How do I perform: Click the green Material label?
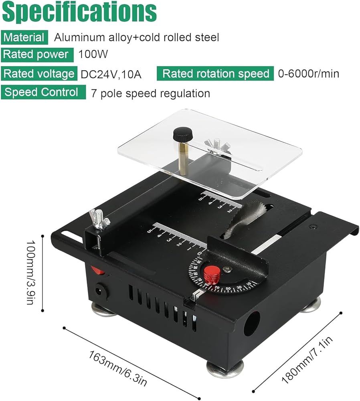tap(24, 37)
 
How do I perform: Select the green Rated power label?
tap(37, 55)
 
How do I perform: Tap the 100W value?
tap(93, 54)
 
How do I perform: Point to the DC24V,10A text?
tap(111, 75)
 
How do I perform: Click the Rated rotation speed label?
tap(215, 74)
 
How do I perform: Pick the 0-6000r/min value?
tap(309, 74)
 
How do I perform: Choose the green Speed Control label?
tap(43, 92)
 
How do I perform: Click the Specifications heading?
tap(79, 12)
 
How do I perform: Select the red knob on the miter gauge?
tap(212, 275)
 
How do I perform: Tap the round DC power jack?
tap(99, 291)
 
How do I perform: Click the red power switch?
tap(98, 269)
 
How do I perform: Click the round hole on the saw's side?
tap(252, 323)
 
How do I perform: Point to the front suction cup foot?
tap(224, 369)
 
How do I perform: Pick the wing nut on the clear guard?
tap(217, 146)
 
